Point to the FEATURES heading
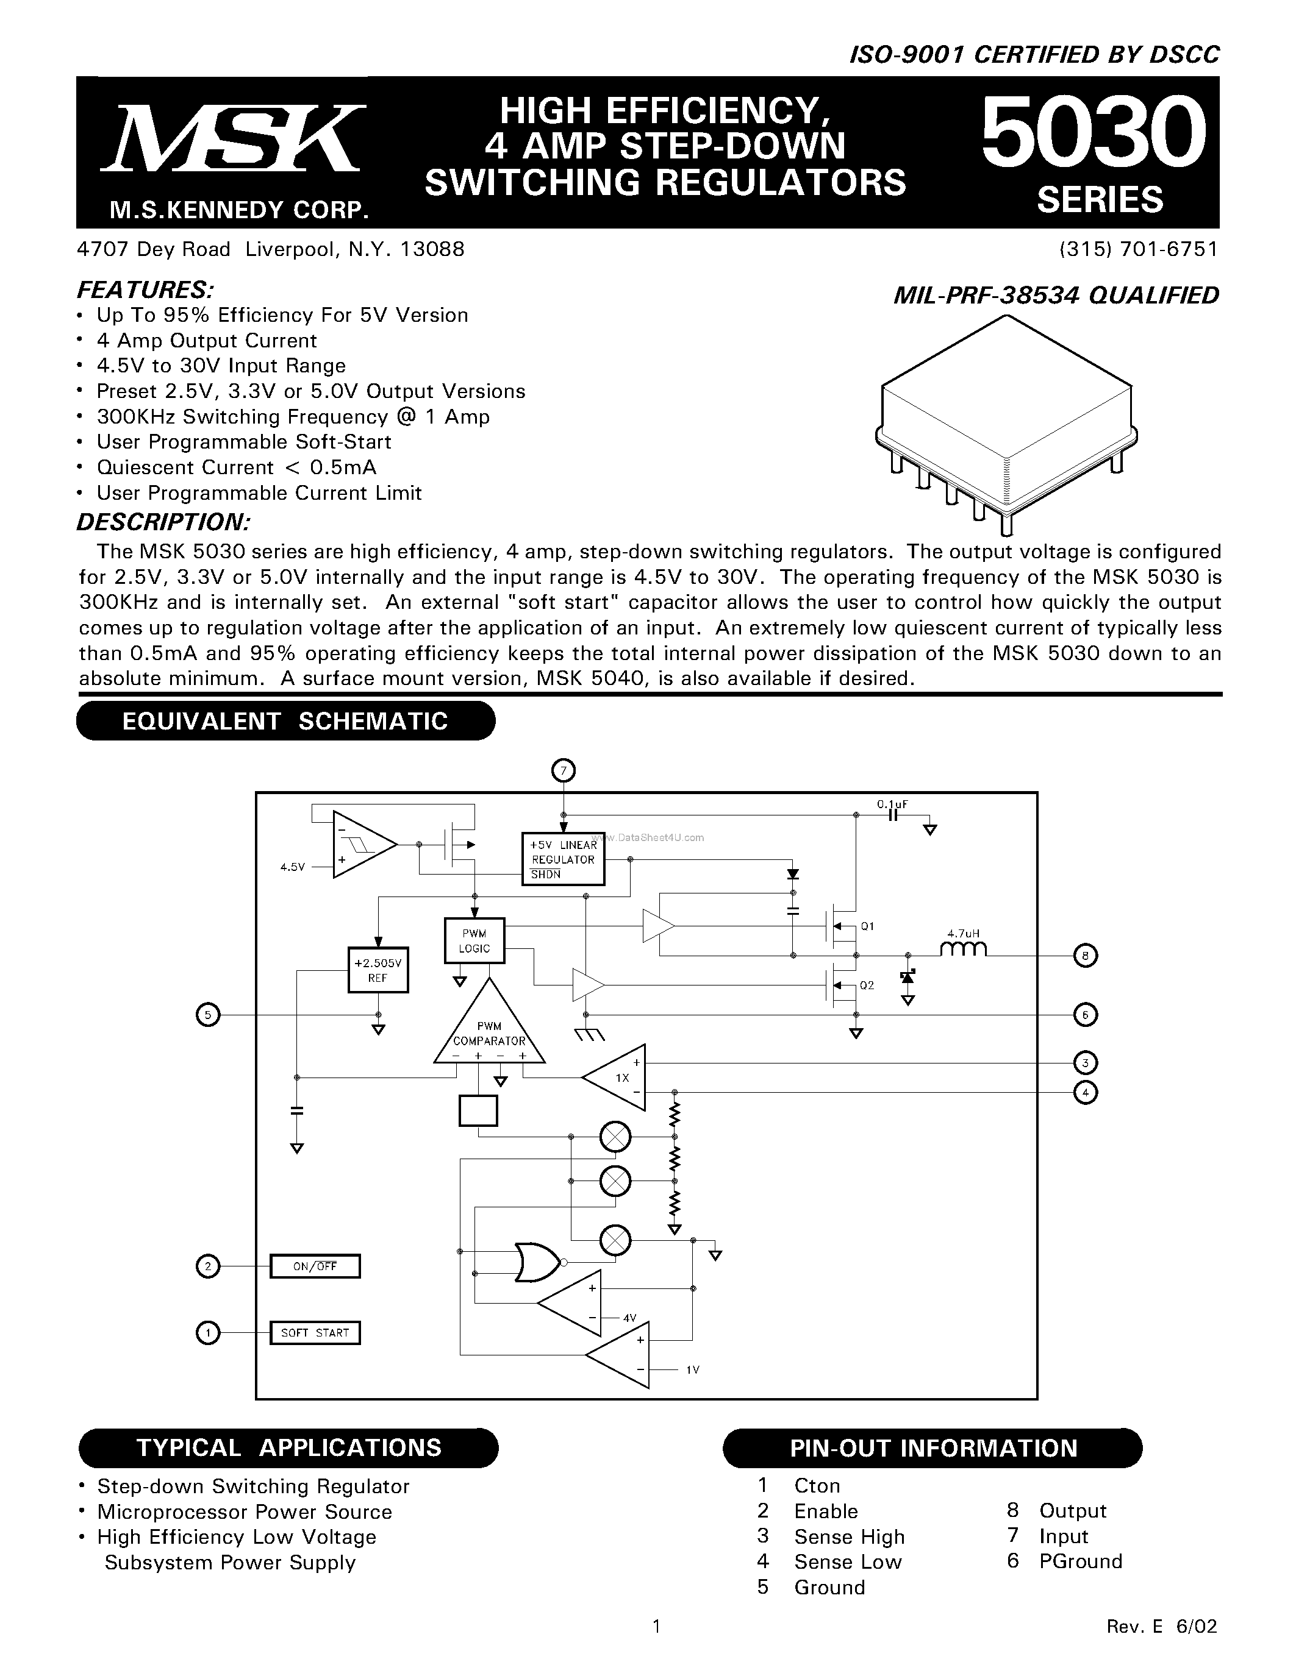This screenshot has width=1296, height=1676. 145,290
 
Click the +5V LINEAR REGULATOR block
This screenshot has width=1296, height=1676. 563,859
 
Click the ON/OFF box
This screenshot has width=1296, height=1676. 315,1266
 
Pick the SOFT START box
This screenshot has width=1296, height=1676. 315,1332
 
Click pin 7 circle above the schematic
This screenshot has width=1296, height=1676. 564,770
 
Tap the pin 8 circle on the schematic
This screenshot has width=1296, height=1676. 1085,956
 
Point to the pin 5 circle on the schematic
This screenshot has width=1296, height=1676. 207,1015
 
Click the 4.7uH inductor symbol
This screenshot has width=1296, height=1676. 963,950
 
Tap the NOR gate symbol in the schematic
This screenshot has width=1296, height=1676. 538,1262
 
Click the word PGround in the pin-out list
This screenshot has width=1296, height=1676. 1080,1561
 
